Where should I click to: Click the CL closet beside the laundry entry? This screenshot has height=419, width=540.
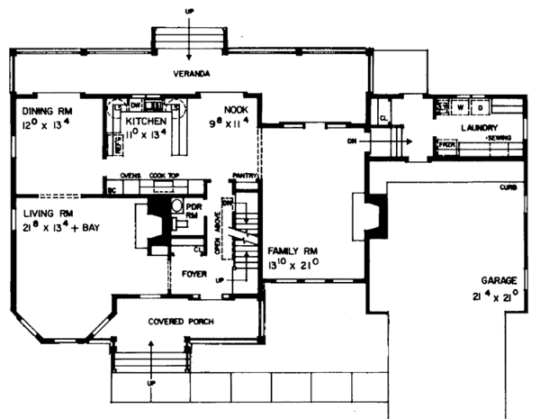(382, 118)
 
